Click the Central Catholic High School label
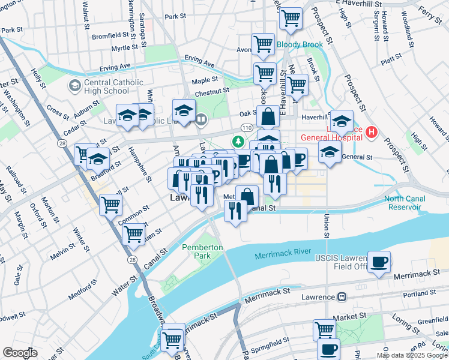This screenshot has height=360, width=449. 106,86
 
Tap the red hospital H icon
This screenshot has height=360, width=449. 372,131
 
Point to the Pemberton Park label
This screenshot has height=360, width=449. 203,251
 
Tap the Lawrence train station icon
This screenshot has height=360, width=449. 341,296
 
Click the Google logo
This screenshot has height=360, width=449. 20,353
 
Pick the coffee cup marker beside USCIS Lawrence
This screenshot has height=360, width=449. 379,262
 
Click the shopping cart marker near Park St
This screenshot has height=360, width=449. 291,19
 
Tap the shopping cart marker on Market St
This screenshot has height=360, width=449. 324,329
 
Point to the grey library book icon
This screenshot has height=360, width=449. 200,119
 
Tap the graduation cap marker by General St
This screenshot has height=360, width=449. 330,152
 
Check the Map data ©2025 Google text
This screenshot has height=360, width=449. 412,355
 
